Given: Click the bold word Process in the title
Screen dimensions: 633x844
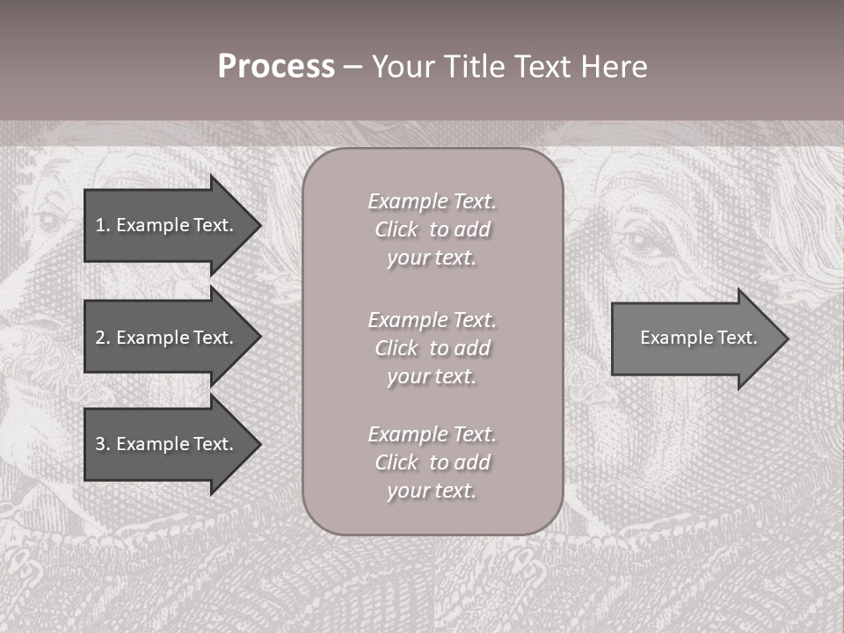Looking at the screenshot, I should [x=276, y=67].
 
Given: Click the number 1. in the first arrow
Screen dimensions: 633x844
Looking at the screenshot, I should [x=103, y=225].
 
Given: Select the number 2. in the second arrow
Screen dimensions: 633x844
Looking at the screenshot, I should [x=103, y=338].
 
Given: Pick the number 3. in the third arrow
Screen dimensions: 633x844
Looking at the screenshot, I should [x=103, y=444].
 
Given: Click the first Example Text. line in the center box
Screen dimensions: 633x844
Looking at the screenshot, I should [x=432, y=201].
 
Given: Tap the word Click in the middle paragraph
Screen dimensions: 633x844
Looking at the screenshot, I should [x=397, y=348].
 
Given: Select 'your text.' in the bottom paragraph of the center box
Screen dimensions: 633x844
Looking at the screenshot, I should [x=432, y=491].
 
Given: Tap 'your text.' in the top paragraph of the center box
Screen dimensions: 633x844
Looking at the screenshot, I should [x=432, y=258].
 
